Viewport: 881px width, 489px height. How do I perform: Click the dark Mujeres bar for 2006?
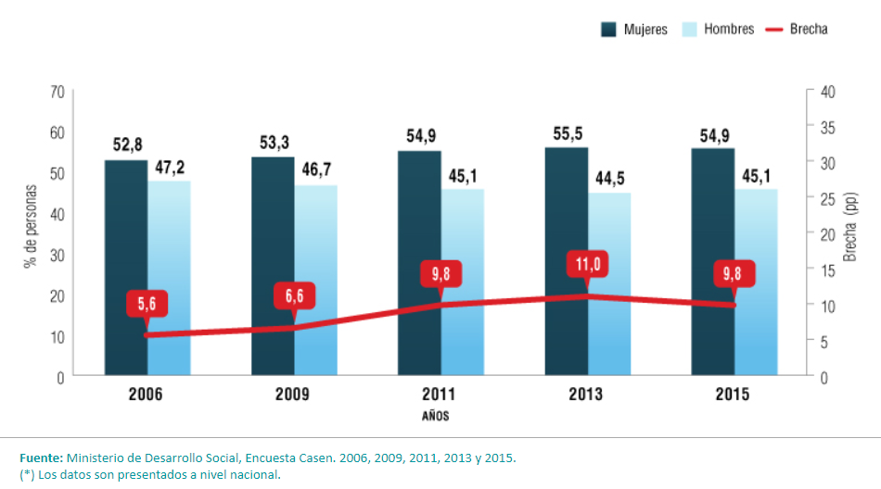[125, 269]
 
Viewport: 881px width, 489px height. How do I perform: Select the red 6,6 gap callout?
[295, 295]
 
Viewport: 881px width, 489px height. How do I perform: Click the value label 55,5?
[567, 133]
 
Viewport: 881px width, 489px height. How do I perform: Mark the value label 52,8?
[126, 145]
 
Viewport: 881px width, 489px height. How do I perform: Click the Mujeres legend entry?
[634, 29]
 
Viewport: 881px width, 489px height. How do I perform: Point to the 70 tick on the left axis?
[57, 92]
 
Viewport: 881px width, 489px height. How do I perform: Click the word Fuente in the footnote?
[41, 458]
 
